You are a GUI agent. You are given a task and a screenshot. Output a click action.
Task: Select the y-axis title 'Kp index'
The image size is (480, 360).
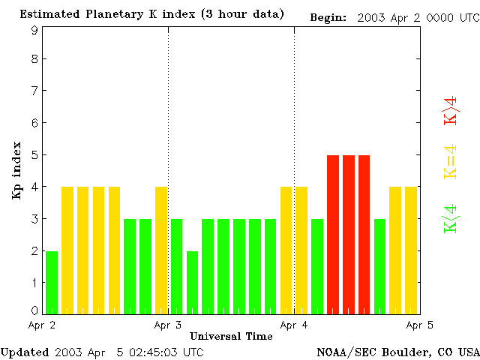point(16,170)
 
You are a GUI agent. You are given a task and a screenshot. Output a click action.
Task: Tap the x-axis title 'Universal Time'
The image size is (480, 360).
point(231,336)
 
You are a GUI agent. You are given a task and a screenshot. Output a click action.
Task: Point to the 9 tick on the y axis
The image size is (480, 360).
point(34,30)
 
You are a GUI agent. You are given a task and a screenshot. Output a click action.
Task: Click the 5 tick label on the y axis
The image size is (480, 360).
point(34,154)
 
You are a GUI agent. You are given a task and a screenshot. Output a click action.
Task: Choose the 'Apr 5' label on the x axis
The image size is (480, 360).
point(419,325)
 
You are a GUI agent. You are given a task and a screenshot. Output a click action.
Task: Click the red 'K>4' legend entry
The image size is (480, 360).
point(451,110)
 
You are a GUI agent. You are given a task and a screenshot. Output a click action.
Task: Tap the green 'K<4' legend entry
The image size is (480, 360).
point(451,219)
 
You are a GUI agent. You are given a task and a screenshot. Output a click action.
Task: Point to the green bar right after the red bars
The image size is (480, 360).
point(379,266)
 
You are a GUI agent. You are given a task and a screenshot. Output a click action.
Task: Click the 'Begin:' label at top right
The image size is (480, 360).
point(328,17)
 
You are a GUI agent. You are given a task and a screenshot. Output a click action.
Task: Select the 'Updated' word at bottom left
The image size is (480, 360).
point(25,351)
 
